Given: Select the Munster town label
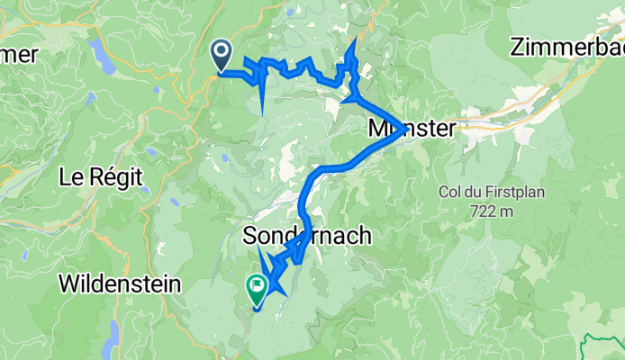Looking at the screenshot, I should (x=412, y=129).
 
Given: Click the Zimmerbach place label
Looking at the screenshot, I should (x=567, y=48).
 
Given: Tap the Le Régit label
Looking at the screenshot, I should (x=100, y=177).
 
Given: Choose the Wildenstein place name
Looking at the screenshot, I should (x=120, y=284).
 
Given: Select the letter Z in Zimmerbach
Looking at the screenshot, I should (x=517, y=48).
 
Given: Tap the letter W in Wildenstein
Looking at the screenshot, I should (x=68, y=284).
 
